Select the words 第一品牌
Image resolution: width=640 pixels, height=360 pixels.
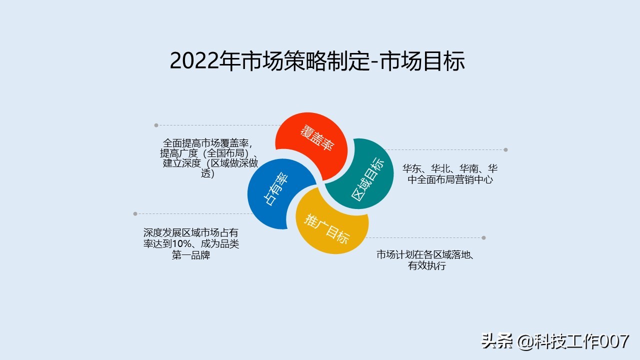click(191, 255)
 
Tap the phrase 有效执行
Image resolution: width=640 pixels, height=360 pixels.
click(426, 266)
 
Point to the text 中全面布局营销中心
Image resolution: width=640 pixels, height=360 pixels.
click(450, 179)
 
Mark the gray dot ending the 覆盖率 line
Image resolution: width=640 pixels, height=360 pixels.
click(156, 125)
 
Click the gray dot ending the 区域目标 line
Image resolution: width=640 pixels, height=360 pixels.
click(505, 149)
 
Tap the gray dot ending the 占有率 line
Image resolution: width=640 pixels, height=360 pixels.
click(135, 214)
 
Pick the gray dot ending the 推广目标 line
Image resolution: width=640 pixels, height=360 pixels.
click(483, 238)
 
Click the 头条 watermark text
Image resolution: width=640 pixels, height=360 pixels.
click(497, 341)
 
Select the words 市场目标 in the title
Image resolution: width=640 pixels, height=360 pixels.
click(422, 61)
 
